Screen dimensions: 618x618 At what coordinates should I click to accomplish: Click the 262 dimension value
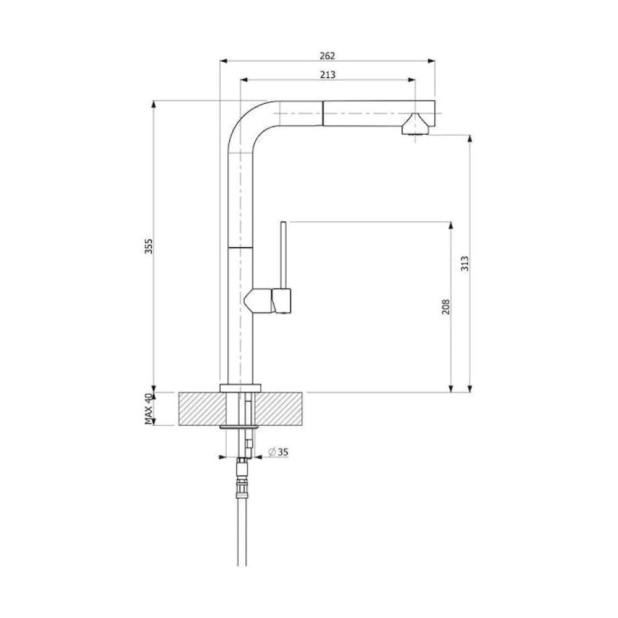[x=327, y=56]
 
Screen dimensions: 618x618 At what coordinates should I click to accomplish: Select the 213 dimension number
[x=328, y=75]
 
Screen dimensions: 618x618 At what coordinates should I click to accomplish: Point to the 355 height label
[x=148, y=246]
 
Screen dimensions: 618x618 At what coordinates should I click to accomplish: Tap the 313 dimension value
[x=465, y=263]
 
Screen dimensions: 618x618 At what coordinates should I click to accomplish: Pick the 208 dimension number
[x=446, y=307]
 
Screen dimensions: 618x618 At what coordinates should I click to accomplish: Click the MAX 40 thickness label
[x=148, y=408]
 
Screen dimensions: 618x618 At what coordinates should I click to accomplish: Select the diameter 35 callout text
[x=278, y=452]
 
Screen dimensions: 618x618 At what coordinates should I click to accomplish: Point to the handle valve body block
[x=268, y=301]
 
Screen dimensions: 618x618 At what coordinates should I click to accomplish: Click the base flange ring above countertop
[x=240, y=387]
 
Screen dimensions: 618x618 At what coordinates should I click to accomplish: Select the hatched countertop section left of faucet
[x=203, y=408]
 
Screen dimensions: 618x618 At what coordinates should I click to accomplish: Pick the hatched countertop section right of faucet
[x=279, y=408]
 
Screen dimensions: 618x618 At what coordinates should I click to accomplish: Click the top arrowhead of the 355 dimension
[x=154, y=104]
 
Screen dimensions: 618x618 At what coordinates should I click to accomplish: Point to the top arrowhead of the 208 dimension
[x=451, y=226]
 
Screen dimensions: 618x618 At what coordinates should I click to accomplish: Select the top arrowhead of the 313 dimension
[x=470, y=138]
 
